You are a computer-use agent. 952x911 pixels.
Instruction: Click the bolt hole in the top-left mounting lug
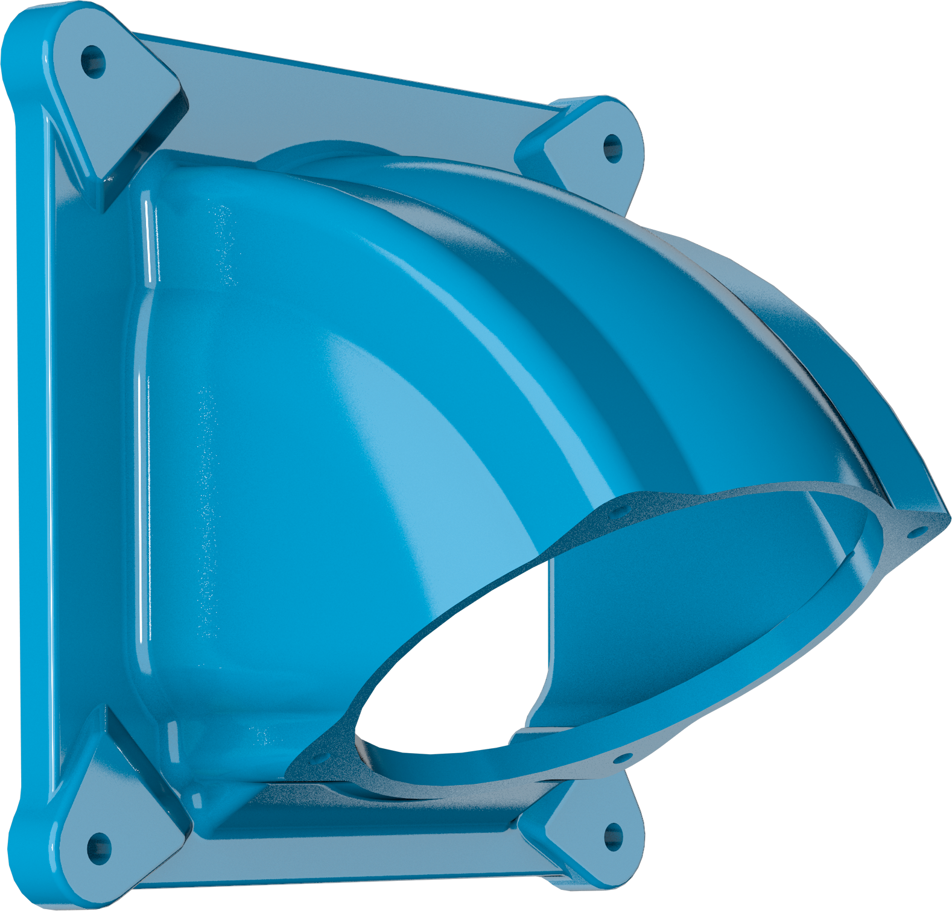(x=93, y=61)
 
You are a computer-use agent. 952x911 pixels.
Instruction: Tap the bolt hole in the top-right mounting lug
(x=612, y=148)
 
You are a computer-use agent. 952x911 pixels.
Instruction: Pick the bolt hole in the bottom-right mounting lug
(x=613, y=836)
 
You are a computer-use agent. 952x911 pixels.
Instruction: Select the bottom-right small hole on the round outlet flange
(x=625, y=758)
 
